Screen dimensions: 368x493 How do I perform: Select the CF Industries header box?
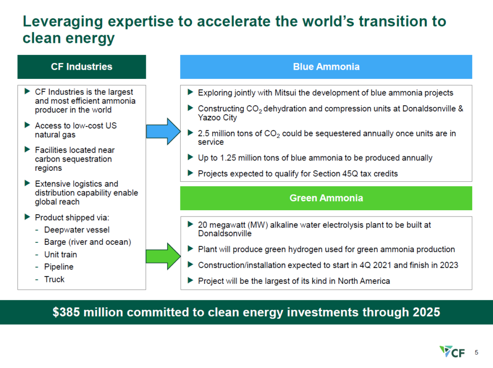click(81, 67)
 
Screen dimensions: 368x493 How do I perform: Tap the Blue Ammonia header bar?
click(326, 67)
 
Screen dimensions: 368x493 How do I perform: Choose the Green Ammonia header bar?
click(326, 198)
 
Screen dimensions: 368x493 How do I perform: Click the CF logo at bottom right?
click(452, 352)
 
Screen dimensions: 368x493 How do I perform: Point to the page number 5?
click(476, 352)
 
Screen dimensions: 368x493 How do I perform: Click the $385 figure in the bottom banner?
click(66, 312)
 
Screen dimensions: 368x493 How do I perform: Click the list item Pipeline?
click(59, 266)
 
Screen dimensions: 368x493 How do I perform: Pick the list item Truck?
click(54, 279)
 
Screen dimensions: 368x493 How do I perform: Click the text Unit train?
click(60, 254)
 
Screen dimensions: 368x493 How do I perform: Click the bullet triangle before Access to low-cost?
click(27, 125)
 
